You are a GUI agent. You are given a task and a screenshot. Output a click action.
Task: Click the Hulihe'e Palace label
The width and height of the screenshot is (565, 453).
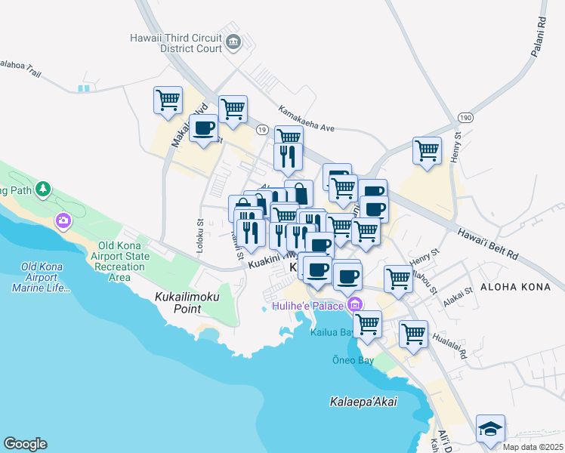308,306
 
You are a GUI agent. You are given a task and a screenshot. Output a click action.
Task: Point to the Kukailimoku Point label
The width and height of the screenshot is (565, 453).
178,303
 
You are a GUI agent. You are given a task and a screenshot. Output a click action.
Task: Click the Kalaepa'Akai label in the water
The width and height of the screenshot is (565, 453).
363,402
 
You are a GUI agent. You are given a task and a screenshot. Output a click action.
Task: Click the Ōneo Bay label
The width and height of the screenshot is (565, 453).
354,360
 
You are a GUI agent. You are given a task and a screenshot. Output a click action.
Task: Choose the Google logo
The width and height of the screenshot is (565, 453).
25,444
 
